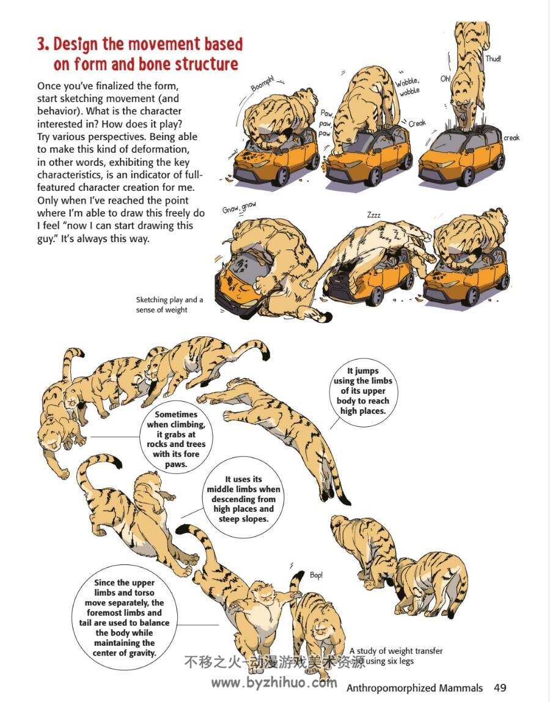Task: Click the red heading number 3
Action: click(43, 45)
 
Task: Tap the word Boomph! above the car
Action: click(262, 83)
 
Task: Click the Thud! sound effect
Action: click(493, 59)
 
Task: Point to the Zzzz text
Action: click(373, 215)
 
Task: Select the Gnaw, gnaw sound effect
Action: click(240, 207)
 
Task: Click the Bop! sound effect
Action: click(316, 575)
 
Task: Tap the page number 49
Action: click(500, 688)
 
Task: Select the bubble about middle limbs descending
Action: click(243, 499)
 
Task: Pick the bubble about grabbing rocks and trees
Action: click(177, 439)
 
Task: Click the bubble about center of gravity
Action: click(125, 618)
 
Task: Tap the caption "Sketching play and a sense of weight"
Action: click(170, 305)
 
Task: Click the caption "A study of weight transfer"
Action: click(396, 651)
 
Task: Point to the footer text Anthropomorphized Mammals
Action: click(415, 688)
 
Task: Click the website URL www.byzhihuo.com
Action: click(274, 683)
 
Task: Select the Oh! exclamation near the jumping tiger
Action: click(446, 79)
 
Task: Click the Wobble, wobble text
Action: click(408, 87)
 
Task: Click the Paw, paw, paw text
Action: click(326, 124)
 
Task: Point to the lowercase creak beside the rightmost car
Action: click(512, 138)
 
